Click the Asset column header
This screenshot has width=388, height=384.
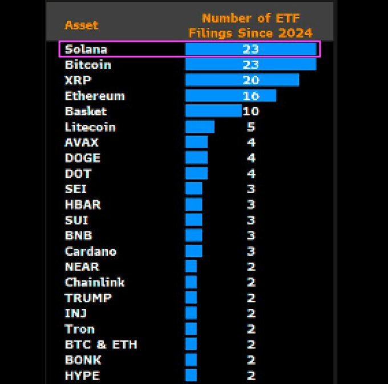pyautogui.click(x=81, y=25)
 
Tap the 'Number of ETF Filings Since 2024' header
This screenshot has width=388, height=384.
pyautogui.click(x=250, y=25)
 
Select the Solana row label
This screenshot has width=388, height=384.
pyautogui.click(x=86, y=49)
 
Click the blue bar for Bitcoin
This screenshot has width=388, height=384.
pyautogui.click(x=250, y=64)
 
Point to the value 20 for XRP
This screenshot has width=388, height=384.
pyautogui.click(x=250, y=80)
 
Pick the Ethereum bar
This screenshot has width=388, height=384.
pyautogui.click(x=231, y=95)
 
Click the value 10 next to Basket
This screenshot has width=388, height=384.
pyautogui.click(x=251, y=111)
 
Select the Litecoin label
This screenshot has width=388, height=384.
pyautogui.click(x=90, y=126)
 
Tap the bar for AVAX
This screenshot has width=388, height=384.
pyautogui.click(x=196, y=142)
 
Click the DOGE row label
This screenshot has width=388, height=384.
pyautogui.click(x=82, y=158)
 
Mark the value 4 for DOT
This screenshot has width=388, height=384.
pyautogui.click(x=251, y=173)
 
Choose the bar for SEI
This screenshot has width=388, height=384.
pyautogui.click(x=193, y=189)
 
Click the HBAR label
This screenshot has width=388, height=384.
pyautogui.click(x=83, y=204)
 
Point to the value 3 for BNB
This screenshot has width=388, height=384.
pyautogui.click(x=251, y=235)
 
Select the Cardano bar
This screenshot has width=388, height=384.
pyautogui.click(x=193, y=251)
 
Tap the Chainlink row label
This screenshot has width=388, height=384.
pyautogui.click(x=94, y=282)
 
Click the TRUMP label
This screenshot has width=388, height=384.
pyautogui.click(x=88, y=297)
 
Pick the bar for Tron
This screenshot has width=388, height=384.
pyautogui.click(x=191, y=329)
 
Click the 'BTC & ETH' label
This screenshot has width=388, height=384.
pyautogui.click(x=100, y=344)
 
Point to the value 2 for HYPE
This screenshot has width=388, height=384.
pyautogui.click(x=251, y=375)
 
